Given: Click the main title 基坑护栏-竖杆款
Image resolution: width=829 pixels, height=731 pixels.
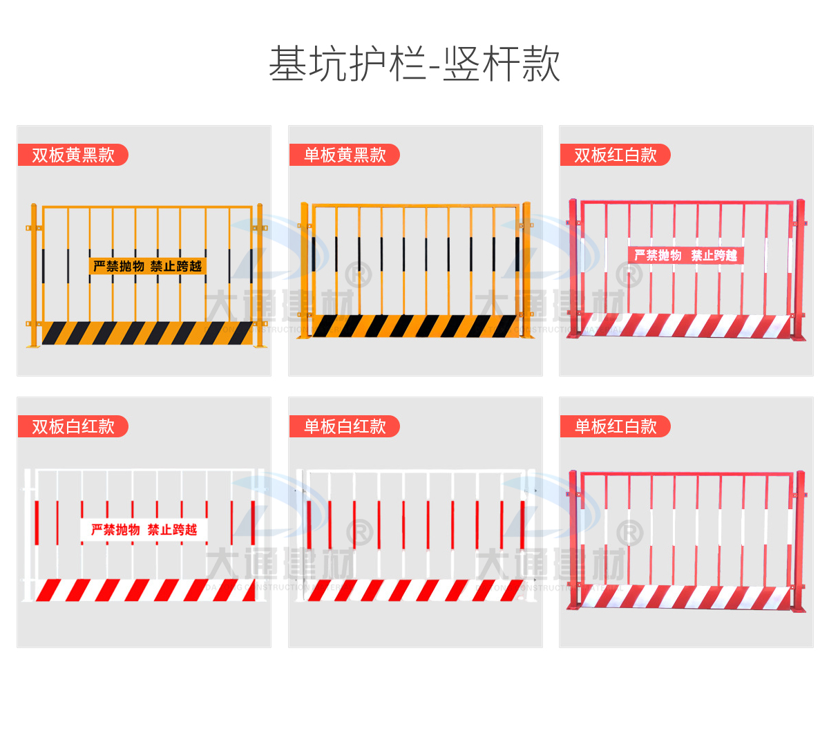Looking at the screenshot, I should [414, 64].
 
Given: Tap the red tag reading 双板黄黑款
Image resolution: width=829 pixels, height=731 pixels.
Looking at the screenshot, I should [73, 155].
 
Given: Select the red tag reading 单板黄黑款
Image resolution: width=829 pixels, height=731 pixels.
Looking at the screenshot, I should [344, 155].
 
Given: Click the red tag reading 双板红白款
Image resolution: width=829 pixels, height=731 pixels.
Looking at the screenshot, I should [615, 155].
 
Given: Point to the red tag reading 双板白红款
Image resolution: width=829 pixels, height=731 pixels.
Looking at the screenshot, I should [73, 426].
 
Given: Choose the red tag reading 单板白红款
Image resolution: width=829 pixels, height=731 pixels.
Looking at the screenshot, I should [344, 426].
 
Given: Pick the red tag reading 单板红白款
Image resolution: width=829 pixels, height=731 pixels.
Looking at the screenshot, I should [615, 426].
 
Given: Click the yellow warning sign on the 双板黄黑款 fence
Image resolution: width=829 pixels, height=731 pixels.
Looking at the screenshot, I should [147, 266].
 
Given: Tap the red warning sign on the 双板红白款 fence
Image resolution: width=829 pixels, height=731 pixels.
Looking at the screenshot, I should [685, 256].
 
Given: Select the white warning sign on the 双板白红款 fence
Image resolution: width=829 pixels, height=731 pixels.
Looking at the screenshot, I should [144, 530].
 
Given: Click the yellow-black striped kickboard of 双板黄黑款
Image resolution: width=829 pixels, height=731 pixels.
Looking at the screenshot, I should [147, 333].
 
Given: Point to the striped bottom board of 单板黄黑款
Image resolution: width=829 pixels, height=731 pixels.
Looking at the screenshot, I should [414, 326].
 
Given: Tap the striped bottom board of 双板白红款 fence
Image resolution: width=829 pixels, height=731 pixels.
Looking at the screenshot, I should [145, 590].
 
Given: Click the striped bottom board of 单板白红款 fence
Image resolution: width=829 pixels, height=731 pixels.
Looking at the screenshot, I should [414, 590].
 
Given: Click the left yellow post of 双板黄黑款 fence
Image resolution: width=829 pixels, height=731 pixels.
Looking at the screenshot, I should [33, 276].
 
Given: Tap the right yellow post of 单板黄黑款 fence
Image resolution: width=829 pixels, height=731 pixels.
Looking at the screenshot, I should [526, 269].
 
